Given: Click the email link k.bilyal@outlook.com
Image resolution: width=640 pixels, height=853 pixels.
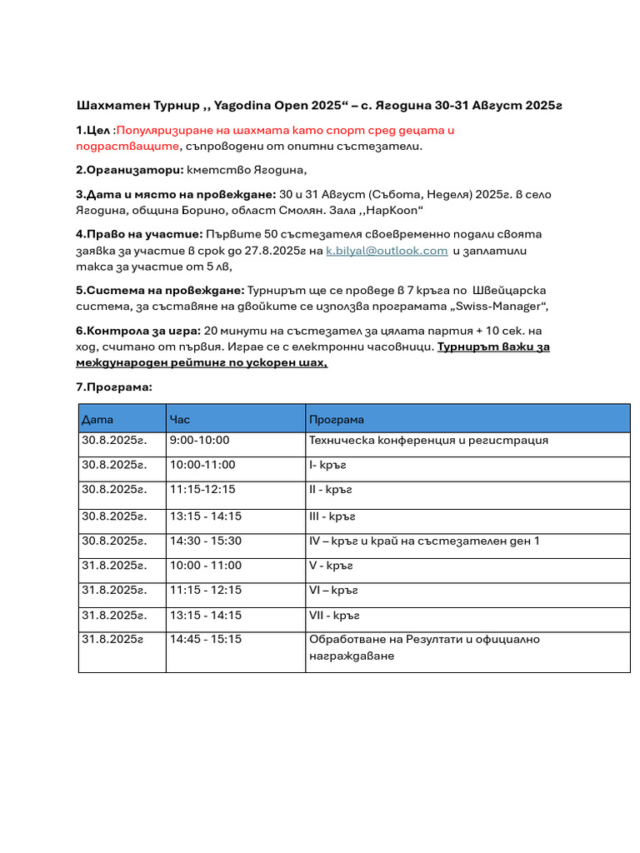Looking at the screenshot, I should point(387,250).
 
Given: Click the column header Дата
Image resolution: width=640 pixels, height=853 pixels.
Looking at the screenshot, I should point(97,419).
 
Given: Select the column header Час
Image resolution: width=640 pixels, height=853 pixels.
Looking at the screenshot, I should point(180,419).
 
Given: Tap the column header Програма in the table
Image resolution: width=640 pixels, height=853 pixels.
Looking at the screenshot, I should point(336,419).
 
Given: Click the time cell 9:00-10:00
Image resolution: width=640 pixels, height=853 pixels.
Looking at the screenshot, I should point(199,441).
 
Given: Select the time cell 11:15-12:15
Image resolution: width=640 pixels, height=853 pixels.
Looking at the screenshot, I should point(202,489).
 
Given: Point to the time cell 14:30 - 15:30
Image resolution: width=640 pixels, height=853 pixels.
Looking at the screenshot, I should point(205,541).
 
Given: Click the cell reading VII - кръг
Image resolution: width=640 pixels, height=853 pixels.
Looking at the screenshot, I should point(334,616).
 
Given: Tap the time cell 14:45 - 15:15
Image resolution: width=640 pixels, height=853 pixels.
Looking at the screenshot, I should point(205,640).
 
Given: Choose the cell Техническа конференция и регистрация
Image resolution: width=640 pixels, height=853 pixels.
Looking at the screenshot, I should point(428,441).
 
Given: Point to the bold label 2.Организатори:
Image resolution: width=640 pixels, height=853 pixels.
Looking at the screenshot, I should point(129,170).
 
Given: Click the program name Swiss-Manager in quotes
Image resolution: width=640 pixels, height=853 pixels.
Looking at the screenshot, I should point(501,306).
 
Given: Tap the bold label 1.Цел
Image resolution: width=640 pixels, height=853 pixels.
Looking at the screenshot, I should point(92,130).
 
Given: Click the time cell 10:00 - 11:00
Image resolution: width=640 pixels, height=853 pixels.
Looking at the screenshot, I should point(205,566).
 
